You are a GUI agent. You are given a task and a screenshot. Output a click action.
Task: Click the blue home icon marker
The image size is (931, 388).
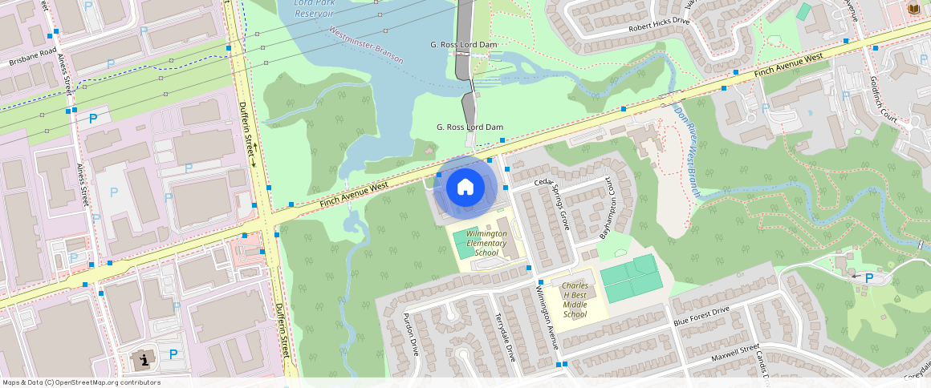coord(465,188)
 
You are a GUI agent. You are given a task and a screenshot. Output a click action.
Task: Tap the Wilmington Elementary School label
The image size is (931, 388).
coord(487,243)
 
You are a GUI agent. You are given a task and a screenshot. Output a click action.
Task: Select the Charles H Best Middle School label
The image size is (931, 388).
coord(575,300)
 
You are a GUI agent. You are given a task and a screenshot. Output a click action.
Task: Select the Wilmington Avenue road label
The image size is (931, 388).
coord(546,317)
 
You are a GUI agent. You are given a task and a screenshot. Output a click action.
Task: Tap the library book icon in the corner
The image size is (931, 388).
coord(913,9)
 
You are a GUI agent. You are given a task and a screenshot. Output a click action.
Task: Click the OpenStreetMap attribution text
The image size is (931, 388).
coord(80,382)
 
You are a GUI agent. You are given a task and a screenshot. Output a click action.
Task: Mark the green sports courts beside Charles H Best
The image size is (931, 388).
coord(632,278)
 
